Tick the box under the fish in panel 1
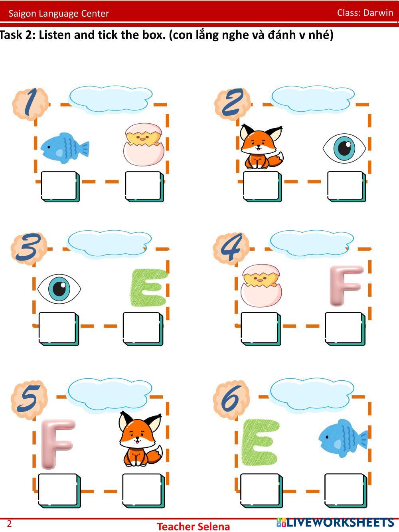coord(60,186)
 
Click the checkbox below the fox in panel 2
coord(263,186)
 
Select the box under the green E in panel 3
coord(143,328)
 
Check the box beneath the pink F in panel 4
coord(345,328)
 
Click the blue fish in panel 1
coord(65,148)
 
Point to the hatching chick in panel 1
coord(144,144)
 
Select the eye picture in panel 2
coord(344,148)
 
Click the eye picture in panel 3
coord(59,289)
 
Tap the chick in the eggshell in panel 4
coord(261,286)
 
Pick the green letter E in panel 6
coord(260,443)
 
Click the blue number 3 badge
coord(29,249)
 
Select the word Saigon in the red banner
coord(22,14)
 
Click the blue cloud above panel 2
coord(313,99)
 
